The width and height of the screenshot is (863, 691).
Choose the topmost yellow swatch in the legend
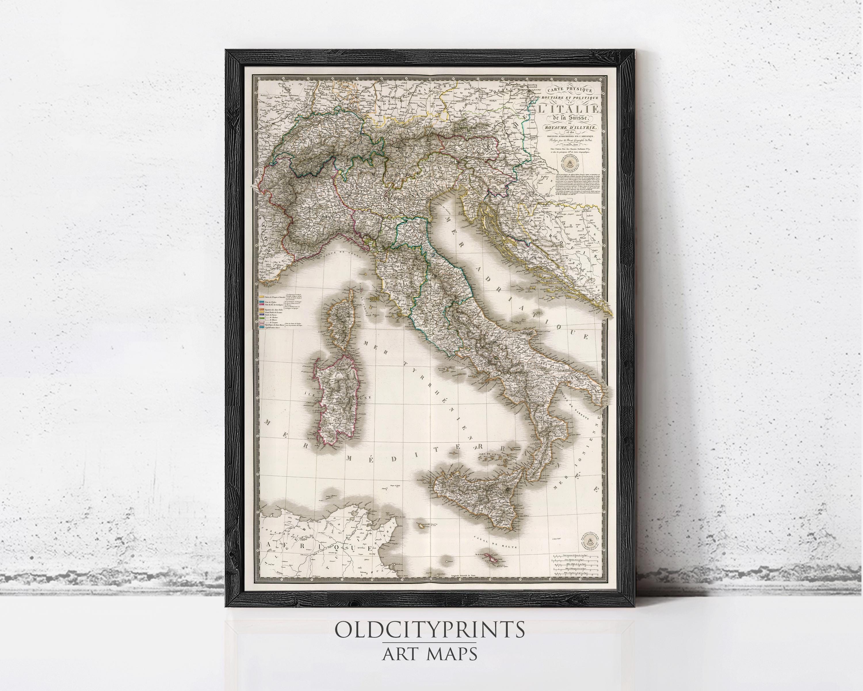tap(262, 297)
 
